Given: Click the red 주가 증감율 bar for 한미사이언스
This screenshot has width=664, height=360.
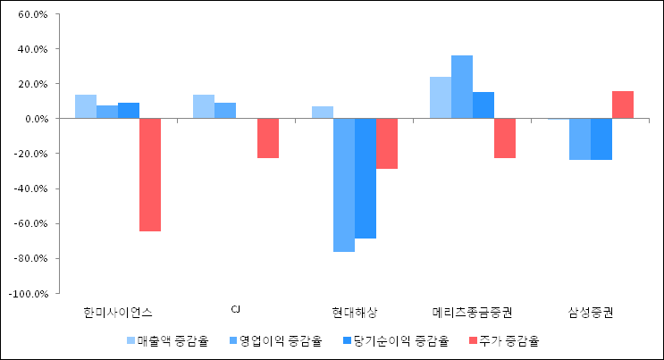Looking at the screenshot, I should pyautogui.click(x=150, y=174).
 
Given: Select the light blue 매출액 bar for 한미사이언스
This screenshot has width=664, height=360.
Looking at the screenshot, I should pyautogui.click(x=86, y=106).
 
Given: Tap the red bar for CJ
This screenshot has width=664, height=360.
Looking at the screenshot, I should pyautogui.click(x=268, y=138).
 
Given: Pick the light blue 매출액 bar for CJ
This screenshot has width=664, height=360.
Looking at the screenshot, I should pyautogui.click(x=204, y=106).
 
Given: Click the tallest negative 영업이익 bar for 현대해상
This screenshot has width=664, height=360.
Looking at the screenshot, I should pyautogui.click(x=344, y=185).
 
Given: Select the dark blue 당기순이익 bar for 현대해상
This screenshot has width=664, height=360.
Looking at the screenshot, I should pyautogui.click(x=366, y=178).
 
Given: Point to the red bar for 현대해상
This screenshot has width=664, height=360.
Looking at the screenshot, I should pyautogui.click(x=387, y=143).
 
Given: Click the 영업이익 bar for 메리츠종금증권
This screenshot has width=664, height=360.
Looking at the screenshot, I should pyautogui.click(x=462, y=87).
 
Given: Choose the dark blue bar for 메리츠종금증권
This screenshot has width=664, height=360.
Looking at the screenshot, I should pyautogui.click(x=483, y=105).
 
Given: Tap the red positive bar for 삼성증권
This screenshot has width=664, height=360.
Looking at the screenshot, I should pyautogui.click(x=623, y=105).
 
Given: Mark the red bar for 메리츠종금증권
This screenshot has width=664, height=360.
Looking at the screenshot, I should pyautogui.click(x=505, y=138).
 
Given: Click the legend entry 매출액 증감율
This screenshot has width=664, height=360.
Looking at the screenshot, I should pyautogui.click(x=169, y=340).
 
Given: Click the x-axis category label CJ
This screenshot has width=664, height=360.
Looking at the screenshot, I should pyautogui.click(x=236, y=310).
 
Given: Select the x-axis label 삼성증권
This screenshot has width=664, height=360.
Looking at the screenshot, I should pyautogui.click(x=591, y=312).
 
